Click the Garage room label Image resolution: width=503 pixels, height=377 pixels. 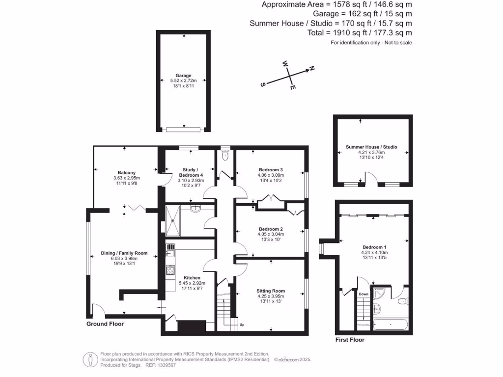(183, 76)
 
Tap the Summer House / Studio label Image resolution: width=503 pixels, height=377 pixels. (371, 147)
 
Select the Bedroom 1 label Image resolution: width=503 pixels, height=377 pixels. (374, 247)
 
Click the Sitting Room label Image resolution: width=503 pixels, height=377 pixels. (271, 291)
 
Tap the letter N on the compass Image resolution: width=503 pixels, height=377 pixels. (311, 69)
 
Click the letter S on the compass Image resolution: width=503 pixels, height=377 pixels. (263, 84)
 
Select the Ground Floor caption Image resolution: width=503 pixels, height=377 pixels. (105, 324)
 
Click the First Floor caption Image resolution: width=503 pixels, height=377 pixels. (350, 340)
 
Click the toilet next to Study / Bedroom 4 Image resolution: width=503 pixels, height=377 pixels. (225, 156)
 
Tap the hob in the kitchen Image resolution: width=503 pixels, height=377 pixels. (170, 270)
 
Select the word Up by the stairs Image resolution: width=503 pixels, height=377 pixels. (242, 324)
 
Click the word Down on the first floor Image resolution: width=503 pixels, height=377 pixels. (363, 294)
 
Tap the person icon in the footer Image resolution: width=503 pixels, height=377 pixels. (90, 359)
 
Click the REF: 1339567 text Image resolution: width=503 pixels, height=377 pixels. (160, 365)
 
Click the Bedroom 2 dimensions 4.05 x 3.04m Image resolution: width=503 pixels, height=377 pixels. (271, 234)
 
